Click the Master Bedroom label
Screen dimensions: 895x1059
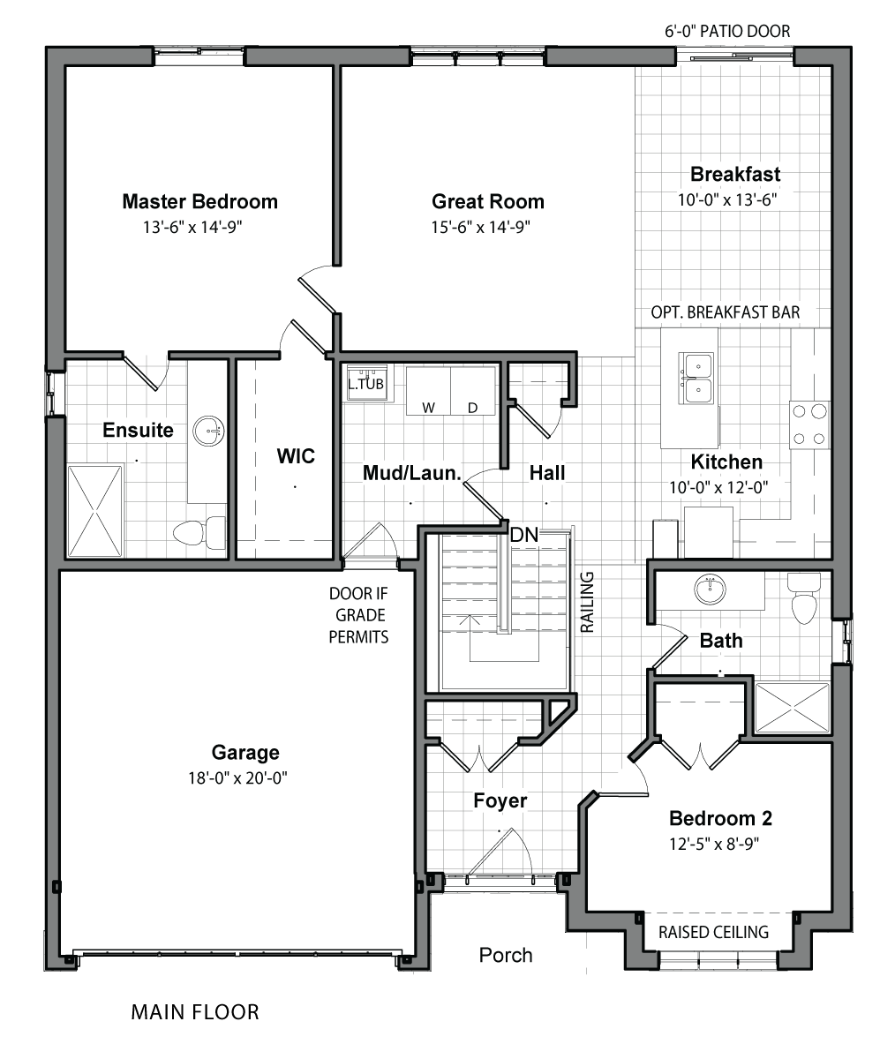pos(199,202)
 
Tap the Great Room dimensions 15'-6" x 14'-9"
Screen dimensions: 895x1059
pos(480,227)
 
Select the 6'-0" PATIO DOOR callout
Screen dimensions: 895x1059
pos(727,32)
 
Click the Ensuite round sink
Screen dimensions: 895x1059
pos(208,432)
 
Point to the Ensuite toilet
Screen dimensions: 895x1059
pos(199,532)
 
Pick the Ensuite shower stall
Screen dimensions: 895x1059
pos(94,511)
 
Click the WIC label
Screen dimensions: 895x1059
pos(296,456)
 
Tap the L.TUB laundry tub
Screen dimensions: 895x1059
pos(366,383)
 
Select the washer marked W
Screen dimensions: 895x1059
pos(428,391)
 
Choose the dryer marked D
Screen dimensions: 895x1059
pos(473,391)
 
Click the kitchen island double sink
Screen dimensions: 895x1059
pos(696,379)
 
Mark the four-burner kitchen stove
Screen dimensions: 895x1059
pos(809,425)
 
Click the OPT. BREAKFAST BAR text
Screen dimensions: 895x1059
pos(725,312)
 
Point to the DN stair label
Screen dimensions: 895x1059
pos(523,535)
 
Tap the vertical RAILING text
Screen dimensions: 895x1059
pos(587,602)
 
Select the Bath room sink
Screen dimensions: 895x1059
pos(710,590)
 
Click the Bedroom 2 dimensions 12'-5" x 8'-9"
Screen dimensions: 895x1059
pos(713,844)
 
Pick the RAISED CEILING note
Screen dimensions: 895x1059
pos(713,932)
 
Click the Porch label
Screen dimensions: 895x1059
pos(506,956)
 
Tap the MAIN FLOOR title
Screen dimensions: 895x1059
pos(195,1012)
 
